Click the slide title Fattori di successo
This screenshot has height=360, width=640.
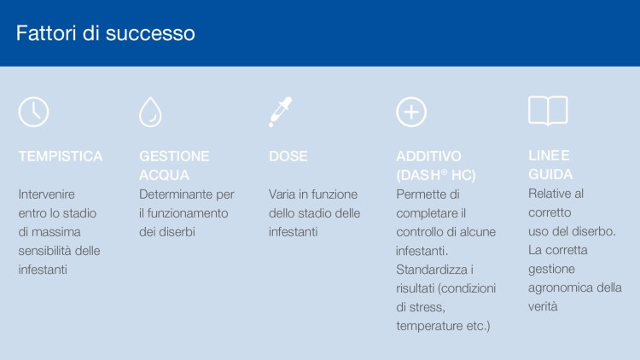105,33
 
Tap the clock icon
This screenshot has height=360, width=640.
33,97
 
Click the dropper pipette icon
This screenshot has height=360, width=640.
280,112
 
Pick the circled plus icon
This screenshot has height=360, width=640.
411,97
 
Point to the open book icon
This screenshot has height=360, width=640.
548,96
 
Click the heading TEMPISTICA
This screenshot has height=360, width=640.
61,156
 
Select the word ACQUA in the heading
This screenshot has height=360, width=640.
164,175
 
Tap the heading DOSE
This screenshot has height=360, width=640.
288,156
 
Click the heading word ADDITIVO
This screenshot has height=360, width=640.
428,156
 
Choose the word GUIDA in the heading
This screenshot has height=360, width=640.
550,174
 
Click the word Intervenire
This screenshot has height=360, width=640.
47,195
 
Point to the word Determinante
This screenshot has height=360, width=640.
176,195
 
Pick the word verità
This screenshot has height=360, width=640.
543,306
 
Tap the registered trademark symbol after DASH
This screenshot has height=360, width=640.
445,172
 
